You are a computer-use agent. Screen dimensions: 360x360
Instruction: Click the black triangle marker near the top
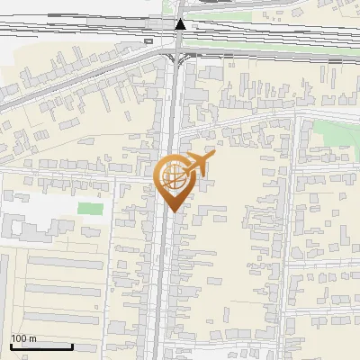click(181, 25)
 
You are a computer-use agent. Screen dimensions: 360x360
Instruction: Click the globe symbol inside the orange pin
click(173, 177)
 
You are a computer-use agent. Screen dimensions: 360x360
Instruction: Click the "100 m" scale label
click(23, 338)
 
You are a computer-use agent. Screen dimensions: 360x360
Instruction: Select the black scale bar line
click(41, 346)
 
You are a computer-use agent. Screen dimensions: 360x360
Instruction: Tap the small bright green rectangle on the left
click(90, 209)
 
